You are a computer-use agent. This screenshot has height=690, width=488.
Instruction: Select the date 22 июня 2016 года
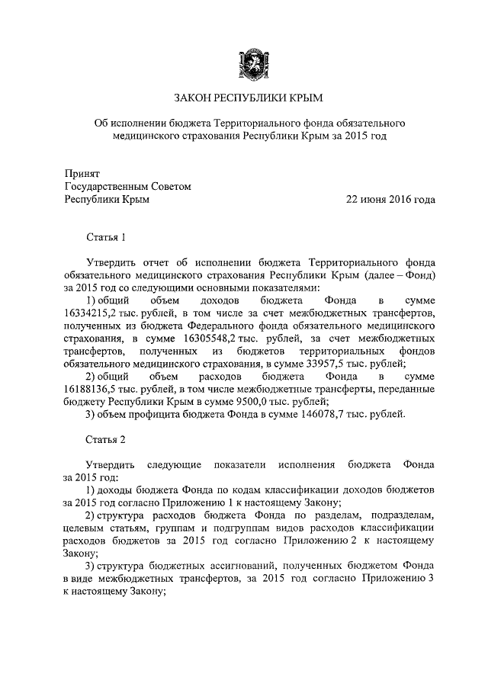(x=390, y=200)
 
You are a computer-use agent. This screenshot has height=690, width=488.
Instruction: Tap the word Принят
(x=82, y=172)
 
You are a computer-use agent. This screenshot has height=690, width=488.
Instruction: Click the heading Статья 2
(x=105, y=440)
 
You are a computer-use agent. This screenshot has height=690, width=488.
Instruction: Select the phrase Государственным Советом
(x=127, y=186)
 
